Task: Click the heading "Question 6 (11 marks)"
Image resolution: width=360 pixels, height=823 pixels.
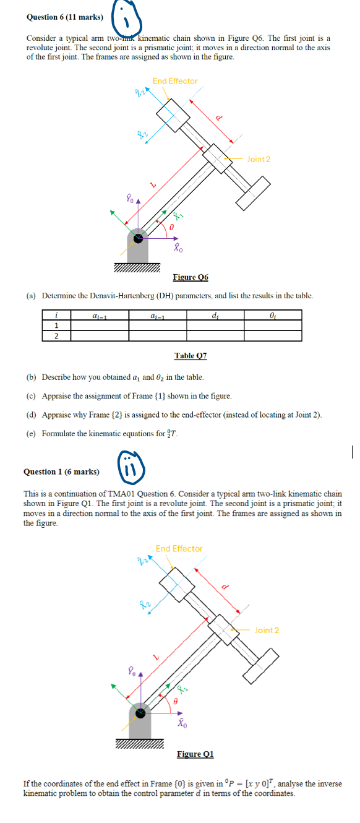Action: pyautogui.click(x=64, y=17)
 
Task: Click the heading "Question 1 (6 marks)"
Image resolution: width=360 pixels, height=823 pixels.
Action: pyautogui.click(x=61, y=472)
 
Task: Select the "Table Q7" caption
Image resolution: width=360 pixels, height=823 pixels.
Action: pyautogui.click(x=191, y=356)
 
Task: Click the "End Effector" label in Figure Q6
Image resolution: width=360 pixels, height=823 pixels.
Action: pyautogui.click(x=175, y=81)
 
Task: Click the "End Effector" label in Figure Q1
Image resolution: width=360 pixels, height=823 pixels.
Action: pyautogui.click(x=179, y=549)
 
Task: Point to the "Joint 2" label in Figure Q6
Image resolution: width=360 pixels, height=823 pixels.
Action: pyautogui.click(x=258, y=159)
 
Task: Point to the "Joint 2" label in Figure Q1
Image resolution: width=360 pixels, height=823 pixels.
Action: pyautogui.click(x=267, y=630)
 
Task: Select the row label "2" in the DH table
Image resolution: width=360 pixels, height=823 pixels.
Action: pyautogui.click(x=57, y=335)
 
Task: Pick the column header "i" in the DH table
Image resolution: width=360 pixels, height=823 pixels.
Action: pyautogui.click(x=57, y=315)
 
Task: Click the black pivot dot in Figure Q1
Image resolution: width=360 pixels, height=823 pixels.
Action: pyautogui.click(x=142, y=712)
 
